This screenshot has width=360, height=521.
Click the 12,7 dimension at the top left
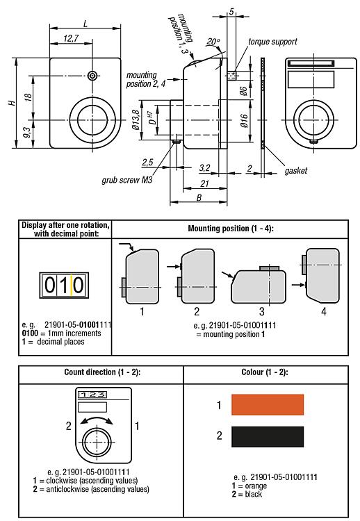[x=70, y=39]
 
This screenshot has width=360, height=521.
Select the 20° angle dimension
[x=213, y=42]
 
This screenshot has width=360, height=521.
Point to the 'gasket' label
[x=295, y=169]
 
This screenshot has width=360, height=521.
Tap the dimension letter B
[x=199, y=197]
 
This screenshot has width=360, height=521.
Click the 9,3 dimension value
[x=26, y=131]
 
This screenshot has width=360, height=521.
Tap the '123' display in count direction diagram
[x=92, y=394]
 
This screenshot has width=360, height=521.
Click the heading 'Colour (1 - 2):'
[x=269, y=372]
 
